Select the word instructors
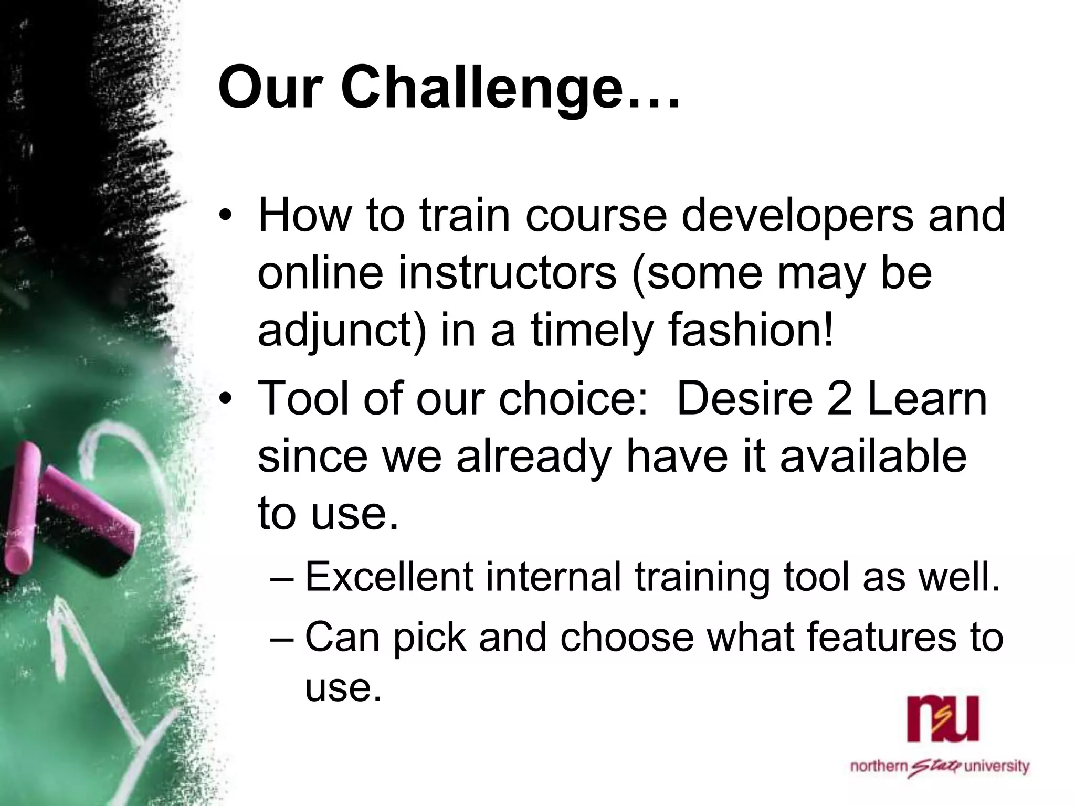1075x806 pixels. (507, 274)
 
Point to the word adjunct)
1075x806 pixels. (342, 333)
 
